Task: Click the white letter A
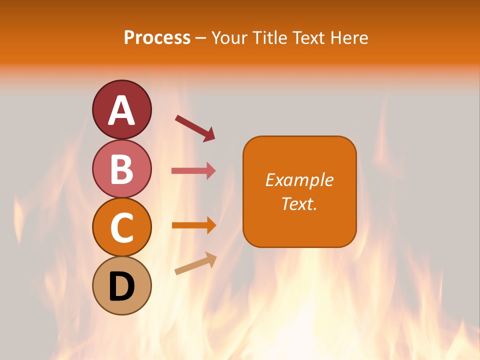pos(122,110)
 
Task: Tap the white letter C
pos(122,227)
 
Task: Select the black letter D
pos(122,286)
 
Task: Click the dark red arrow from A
pos(195,127)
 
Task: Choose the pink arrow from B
pos(193,171)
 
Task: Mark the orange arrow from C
pos(193,225)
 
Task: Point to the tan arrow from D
pos(195,264)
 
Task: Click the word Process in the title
pos(157,38)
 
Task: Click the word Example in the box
pos(299,180)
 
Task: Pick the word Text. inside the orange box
pos(299,203)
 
